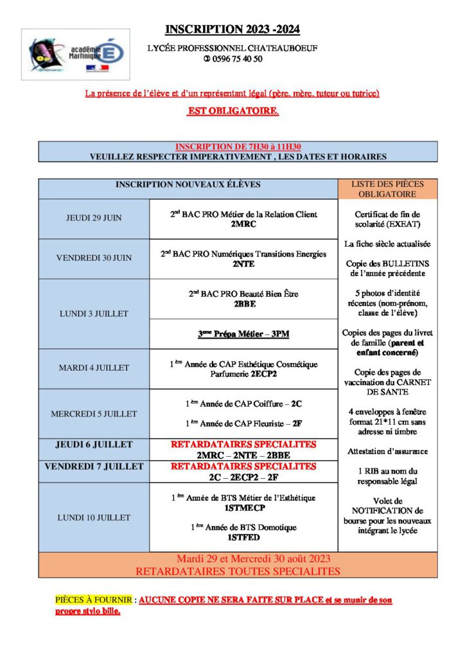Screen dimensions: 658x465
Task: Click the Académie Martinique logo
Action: (x=75, y=54)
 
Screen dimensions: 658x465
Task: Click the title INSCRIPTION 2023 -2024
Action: (x=232, y=29)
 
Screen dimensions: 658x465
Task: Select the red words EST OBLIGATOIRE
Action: (x=232, y=112)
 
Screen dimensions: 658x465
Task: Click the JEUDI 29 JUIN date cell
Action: (x=94, y=218)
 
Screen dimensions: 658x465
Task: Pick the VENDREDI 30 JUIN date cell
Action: (x=94, y=258)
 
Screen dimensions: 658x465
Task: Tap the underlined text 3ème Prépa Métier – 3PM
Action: (x=243, y=334)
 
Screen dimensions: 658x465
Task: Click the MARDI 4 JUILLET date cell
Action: (x=94, y=368)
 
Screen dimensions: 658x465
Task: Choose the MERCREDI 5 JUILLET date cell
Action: (x=94, y=414)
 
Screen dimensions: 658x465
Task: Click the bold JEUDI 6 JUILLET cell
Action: (x=94, y=445)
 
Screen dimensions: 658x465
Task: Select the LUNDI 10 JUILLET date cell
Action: (x=94, y=517)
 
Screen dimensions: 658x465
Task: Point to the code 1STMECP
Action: (x=243, y=508)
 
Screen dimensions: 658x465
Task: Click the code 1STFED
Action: (x=243, y=537)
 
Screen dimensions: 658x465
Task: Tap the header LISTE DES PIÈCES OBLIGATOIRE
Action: (x=387, y=189)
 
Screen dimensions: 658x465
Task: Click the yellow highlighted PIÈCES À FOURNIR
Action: (x=94, y=600)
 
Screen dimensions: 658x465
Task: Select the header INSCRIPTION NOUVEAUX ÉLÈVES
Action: (x=188, y=185)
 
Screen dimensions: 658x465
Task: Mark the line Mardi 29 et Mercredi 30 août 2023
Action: (x=238, y=558)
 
